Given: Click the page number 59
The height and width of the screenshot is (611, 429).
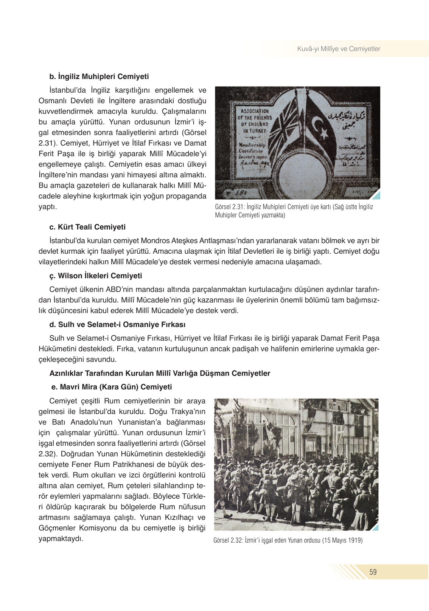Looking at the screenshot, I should tap(373, 572).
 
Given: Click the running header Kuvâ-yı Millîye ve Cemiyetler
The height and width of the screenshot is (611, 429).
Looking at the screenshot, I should tap(339, 49).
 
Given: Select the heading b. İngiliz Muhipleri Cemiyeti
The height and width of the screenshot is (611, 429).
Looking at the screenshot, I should tap(99, 77).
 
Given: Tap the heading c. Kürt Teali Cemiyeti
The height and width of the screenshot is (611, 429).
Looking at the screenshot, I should tap(87, 227).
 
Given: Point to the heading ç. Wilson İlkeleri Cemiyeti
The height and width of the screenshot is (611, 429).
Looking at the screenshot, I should tap(96, 276).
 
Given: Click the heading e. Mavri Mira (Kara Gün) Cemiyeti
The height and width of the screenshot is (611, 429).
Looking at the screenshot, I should tap(112, 387).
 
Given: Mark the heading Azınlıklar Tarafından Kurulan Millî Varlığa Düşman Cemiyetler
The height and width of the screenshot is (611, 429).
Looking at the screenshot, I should tap(160, 374).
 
